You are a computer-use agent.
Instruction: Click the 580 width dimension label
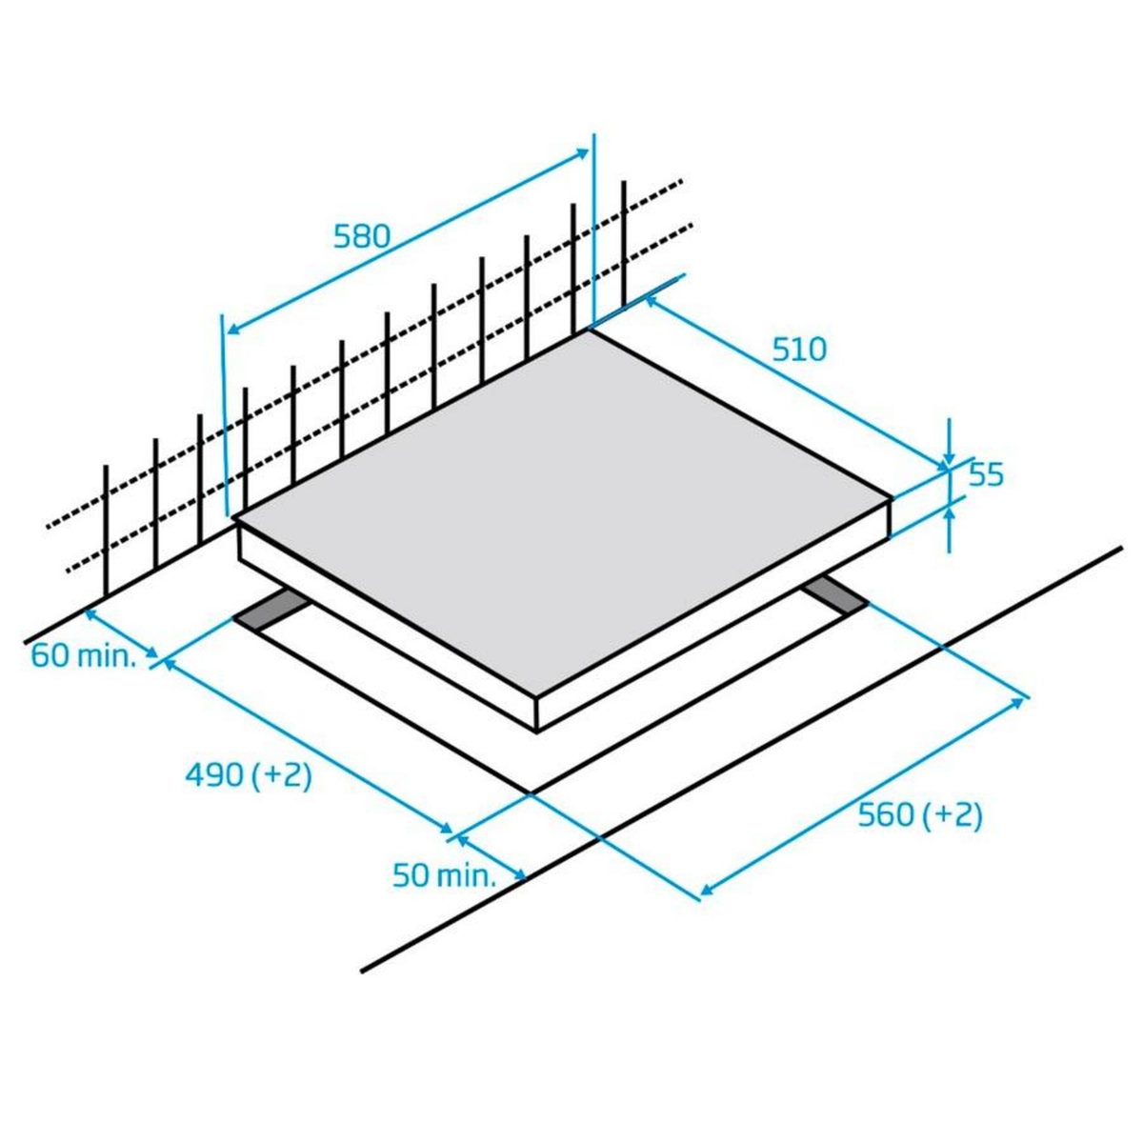(x=362, y=235)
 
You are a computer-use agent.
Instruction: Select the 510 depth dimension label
(x=799, y=350)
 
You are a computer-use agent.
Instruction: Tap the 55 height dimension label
(x=986, y=474)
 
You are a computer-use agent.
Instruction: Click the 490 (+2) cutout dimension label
(x=249, y=775)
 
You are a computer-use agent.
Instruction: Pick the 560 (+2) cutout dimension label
(x=919, y=815)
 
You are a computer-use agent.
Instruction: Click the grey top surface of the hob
(x=562, y=505)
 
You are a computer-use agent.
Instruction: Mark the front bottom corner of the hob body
(x=538, y=732)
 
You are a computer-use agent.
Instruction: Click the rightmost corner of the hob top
(x=892, y=497)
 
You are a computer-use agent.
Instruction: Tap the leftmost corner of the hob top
(x=235, y=518)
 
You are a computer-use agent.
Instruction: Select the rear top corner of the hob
(x=591, y=330)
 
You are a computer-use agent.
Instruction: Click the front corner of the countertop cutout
(x=530, y=792)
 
